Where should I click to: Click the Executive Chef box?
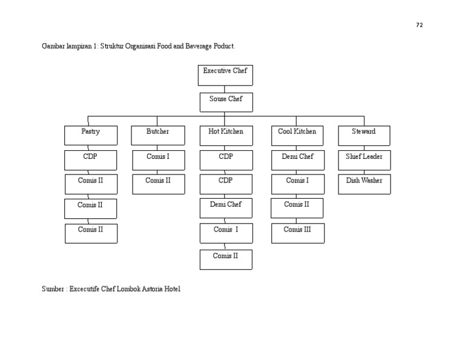[225, 75]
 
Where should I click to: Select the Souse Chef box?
[226, 102]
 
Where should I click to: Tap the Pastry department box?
[91, 135]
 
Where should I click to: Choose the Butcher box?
[157, 135]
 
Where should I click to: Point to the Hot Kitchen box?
[226, 135]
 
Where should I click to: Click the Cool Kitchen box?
[297, 135]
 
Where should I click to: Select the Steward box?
[364, 135]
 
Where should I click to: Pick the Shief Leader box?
[364, 160]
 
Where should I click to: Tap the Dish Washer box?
[364, 184]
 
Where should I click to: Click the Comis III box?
[297, 233]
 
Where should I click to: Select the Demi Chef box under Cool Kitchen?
[297, 160]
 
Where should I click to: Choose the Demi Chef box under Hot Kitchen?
[226, 208]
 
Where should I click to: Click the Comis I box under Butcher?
[158, 160]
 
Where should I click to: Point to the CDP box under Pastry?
[90, 160]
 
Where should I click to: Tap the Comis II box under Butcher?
[158, 184]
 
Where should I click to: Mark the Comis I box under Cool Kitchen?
[297, 184]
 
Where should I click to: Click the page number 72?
[420, 25]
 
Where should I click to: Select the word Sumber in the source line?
[52, 289]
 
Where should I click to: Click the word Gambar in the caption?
[53, 46]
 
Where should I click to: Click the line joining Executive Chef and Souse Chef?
[225, 89]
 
